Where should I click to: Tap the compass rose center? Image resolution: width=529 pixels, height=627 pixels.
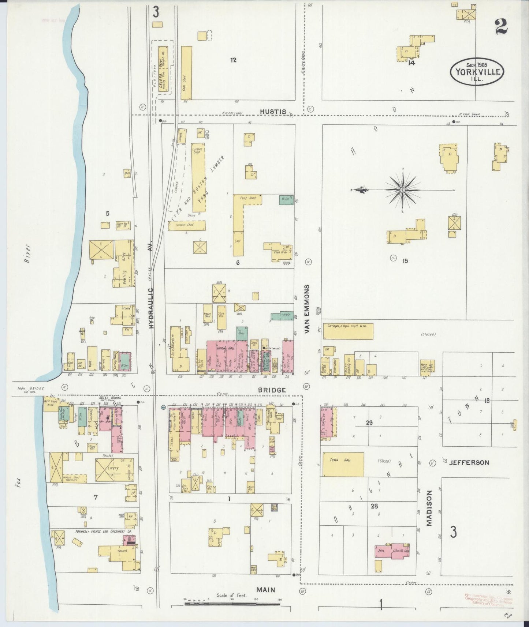(402, 190)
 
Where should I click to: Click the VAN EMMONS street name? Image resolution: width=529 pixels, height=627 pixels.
(307, 309)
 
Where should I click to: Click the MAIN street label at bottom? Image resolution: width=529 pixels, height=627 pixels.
(266, 590)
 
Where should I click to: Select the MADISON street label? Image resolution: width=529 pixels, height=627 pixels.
(429, 508)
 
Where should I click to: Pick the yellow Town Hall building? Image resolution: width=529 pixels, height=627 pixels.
(343, 464)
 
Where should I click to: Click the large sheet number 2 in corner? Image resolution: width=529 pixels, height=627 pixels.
(501, 26)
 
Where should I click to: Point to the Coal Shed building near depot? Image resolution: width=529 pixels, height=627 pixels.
(186, 73)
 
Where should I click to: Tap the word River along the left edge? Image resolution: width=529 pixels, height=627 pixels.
(26, 253)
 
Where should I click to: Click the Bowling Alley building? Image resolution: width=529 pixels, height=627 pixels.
(124, 263)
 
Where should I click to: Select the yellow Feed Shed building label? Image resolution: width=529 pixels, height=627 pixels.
(247, 198)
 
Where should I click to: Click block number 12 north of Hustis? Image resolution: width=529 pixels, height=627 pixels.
(233, 60)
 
